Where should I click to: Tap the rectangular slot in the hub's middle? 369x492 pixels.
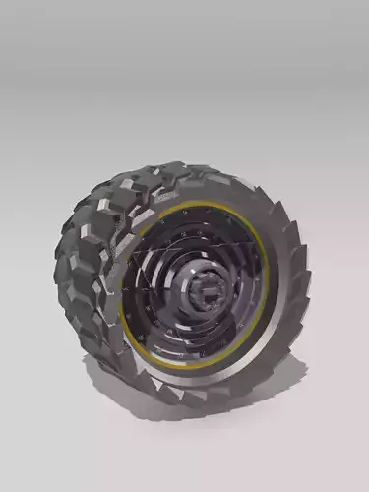coord(210,292)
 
